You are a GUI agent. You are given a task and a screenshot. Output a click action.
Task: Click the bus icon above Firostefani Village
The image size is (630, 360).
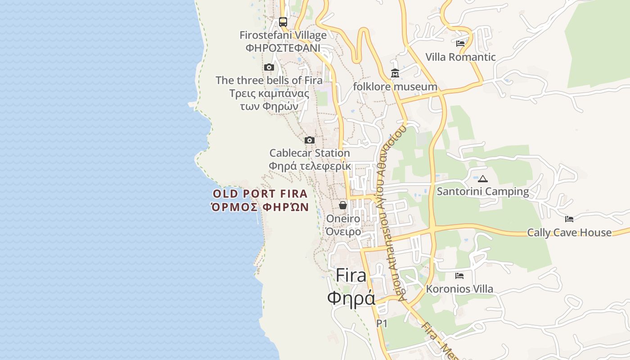(x=283, y=22)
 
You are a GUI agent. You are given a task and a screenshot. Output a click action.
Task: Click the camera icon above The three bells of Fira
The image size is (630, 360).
(x=269, y=67)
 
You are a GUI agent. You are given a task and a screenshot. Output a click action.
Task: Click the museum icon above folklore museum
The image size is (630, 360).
(x=395, y=73)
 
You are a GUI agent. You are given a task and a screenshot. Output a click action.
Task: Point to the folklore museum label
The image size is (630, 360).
(x=395, y=86)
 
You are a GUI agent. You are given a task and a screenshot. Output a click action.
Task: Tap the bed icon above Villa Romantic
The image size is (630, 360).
(x=460, y=44)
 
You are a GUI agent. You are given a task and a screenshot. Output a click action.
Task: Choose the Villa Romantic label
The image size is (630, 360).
(x=460, y=57)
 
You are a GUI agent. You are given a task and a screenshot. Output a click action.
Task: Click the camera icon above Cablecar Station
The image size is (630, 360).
(x=310, y=140)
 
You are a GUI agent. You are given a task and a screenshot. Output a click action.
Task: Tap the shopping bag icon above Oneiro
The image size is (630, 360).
(x=343, y=205)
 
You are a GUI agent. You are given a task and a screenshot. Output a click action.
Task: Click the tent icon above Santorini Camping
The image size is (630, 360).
(x=483, y=179)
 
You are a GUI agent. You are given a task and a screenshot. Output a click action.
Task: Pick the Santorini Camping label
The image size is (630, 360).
(x=483, y=192)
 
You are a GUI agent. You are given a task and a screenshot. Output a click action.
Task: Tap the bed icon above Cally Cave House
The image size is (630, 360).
(x=569, y=219)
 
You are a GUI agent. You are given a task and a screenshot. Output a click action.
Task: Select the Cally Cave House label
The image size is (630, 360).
(x=569, y=233)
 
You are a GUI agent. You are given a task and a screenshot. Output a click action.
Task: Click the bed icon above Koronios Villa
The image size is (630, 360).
(x=459, y=275)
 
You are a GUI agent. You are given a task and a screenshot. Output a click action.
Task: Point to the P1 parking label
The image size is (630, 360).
(x=382, y=323)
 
